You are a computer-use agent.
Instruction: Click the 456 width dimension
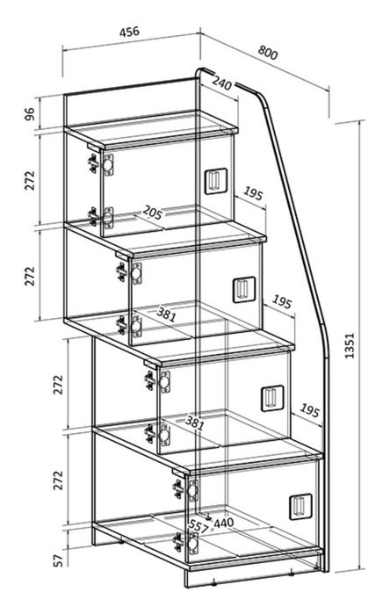[x=129, y=32]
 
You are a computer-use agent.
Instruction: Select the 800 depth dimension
[x=268, y=53]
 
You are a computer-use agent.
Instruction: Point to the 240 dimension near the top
[x=222, y=83]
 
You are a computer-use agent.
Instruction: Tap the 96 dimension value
[x=30, y=113]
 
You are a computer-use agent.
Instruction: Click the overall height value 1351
[x=350, y=345]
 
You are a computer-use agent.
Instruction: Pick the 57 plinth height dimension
[x=58, y=560]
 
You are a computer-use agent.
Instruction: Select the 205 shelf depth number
[x=152, y=213]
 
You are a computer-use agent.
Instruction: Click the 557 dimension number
[x=199, y=527]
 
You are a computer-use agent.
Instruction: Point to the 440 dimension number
[x=224, y=523]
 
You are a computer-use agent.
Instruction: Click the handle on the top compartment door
[x=216, y=181]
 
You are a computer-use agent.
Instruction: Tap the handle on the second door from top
[x=244, y=290]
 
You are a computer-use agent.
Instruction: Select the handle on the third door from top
[x=272, y=398]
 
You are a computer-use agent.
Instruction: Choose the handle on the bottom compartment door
[x=300, y=506]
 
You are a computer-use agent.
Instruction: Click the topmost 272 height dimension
[x=30, y=180]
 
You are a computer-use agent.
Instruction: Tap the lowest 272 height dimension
[x=58, y=480]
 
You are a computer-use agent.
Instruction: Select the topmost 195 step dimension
[x=253, y=193]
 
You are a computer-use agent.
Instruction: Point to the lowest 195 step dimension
[x=310, y=410]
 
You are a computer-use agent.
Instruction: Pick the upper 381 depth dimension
[x=166, y=314]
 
